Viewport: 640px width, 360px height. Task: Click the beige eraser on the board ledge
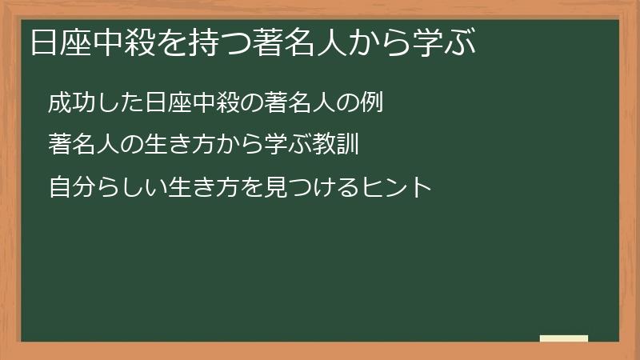pos(564,338)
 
